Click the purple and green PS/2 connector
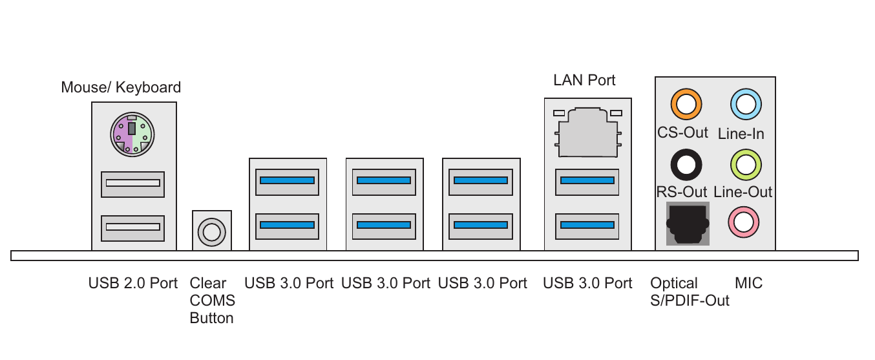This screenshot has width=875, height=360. click(x=132, y=134)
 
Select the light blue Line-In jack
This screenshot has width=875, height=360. click(x=745, y=103)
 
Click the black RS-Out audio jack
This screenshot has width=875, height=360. click(x=686, y=164)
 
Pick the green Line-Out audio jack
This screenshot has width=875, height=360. click(x=745, y=164)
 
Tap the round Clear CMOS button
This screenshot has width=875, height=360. click(x=211, y=230)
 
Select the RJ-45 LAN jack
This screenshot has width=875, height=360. click(x=587, y=132)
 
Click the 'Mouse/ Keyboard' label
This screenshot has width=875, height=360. click(x=121, y=87)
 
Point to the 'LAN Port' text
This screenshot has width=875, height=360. click(x=584, y=80)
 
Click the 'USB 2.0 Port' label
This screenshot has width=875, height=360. click(x=132, y=283)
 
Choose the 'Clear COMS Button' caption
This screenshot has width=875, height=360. click(x=212, y=301)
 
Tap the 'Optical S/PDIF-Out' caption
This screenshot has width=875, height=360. click(x=690, y=292)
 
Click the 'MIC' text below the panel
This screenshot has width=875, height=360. click(x=748, y=283)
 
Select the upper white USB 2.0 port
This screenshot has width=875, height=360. click(x=132, y=183)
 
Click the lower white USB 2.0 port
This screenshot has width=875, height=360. click(x=132, y=227)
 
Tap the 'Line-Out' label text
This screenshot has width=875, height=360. click(x=743, y=192)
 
